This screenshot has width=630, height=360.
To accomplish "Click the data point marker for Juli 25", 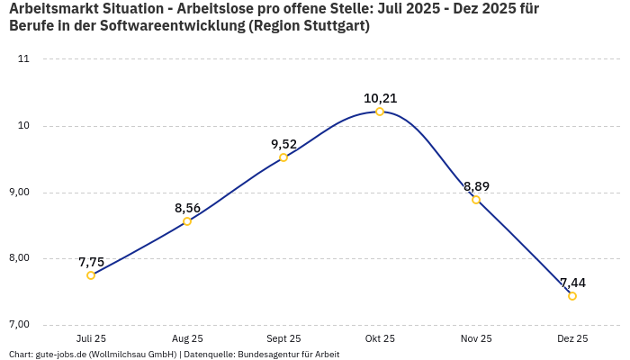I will tap(91, 275).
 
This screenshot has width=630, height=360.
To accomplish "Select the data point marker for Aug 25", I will tap(187, 221).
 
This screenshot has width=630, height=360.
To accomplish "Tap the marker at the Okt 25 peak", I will tap(380, 112).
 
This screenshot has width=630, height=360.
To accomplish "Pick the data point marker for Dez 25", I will tap(572, 296).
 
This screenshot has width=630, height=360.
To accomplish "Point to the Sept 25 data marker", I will tap(283, 157).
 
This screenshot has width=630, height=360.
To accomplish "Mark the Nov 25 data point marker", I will tap(476, 200).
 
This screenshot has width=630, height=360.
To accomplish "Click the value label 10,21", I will tap(380, 98).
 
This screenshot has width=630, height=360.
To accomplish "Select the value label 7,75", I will tap(91, 262).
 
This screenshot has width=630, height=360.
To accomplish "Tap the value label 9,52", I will tap(283, 144).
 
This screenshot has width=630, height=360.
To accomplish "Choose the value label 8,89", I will tap(476, 186).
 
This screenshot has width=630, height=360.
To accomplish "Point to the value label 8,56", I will tap(187, 208).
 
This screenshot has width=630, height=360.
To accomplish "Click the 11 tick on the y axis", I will tap(23, 59).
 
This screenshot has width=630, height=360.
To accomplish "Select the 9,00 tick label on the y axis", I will tap(19, 192).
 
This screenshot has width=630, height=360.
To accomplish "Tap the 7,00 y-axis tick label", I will tap(19, 324).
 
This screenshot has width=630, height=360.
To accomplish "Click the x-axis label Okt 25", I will tap(380, 338).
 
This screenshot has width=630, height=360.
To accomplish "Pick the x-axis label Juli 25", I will tap(91, 338).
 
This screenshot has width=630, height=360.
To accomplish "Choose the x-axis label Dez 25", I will tap(572, 338).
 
